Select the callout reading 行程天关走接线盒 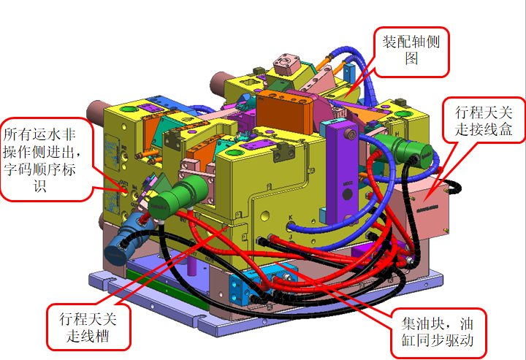(483, 120)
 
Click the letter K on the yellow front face (291, 218)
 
